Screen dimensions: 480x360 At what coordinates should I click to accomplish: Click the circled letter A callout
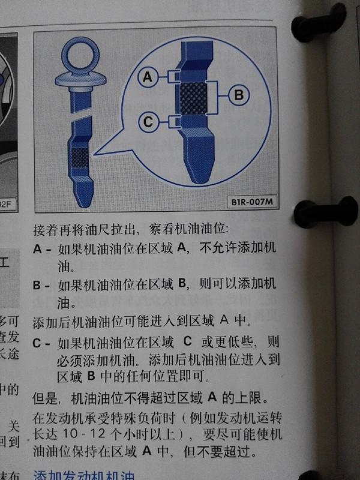tap(149, 76)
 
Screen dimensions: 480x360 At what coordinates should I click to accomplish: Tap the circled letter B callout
tap(238, 94)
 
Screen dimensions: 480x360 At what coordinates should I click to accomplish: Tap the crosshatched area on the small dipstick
tap(79, 157)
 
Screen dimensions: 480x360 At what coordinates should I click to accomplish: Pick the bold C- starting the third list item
tap(42, 344)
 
